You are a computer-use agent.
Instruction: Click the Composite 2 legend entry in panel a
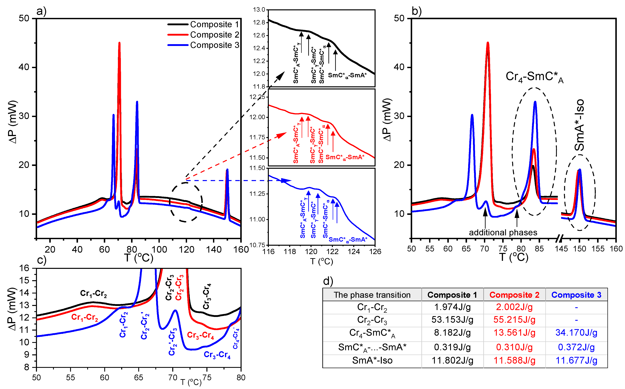(x=214, y=35)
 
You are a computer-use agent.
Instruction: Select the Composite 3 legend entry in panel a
(x=214, y=45)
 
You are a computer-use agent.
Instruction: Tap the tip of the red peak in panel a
(x=119, y=43)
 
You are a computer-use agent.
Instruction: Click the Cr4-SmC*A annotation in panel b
(x=534, y=77)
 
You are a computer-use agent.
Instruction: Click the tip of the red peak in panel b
(x=488, y=43)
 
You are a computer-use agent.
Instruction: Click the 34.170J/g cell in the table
(x=576, y=333)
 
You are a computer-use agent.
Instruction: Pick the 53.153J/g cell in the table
(x=452, y=320)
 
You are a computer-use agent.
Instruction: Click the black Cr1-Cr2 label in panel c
(x=93, y=293)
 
